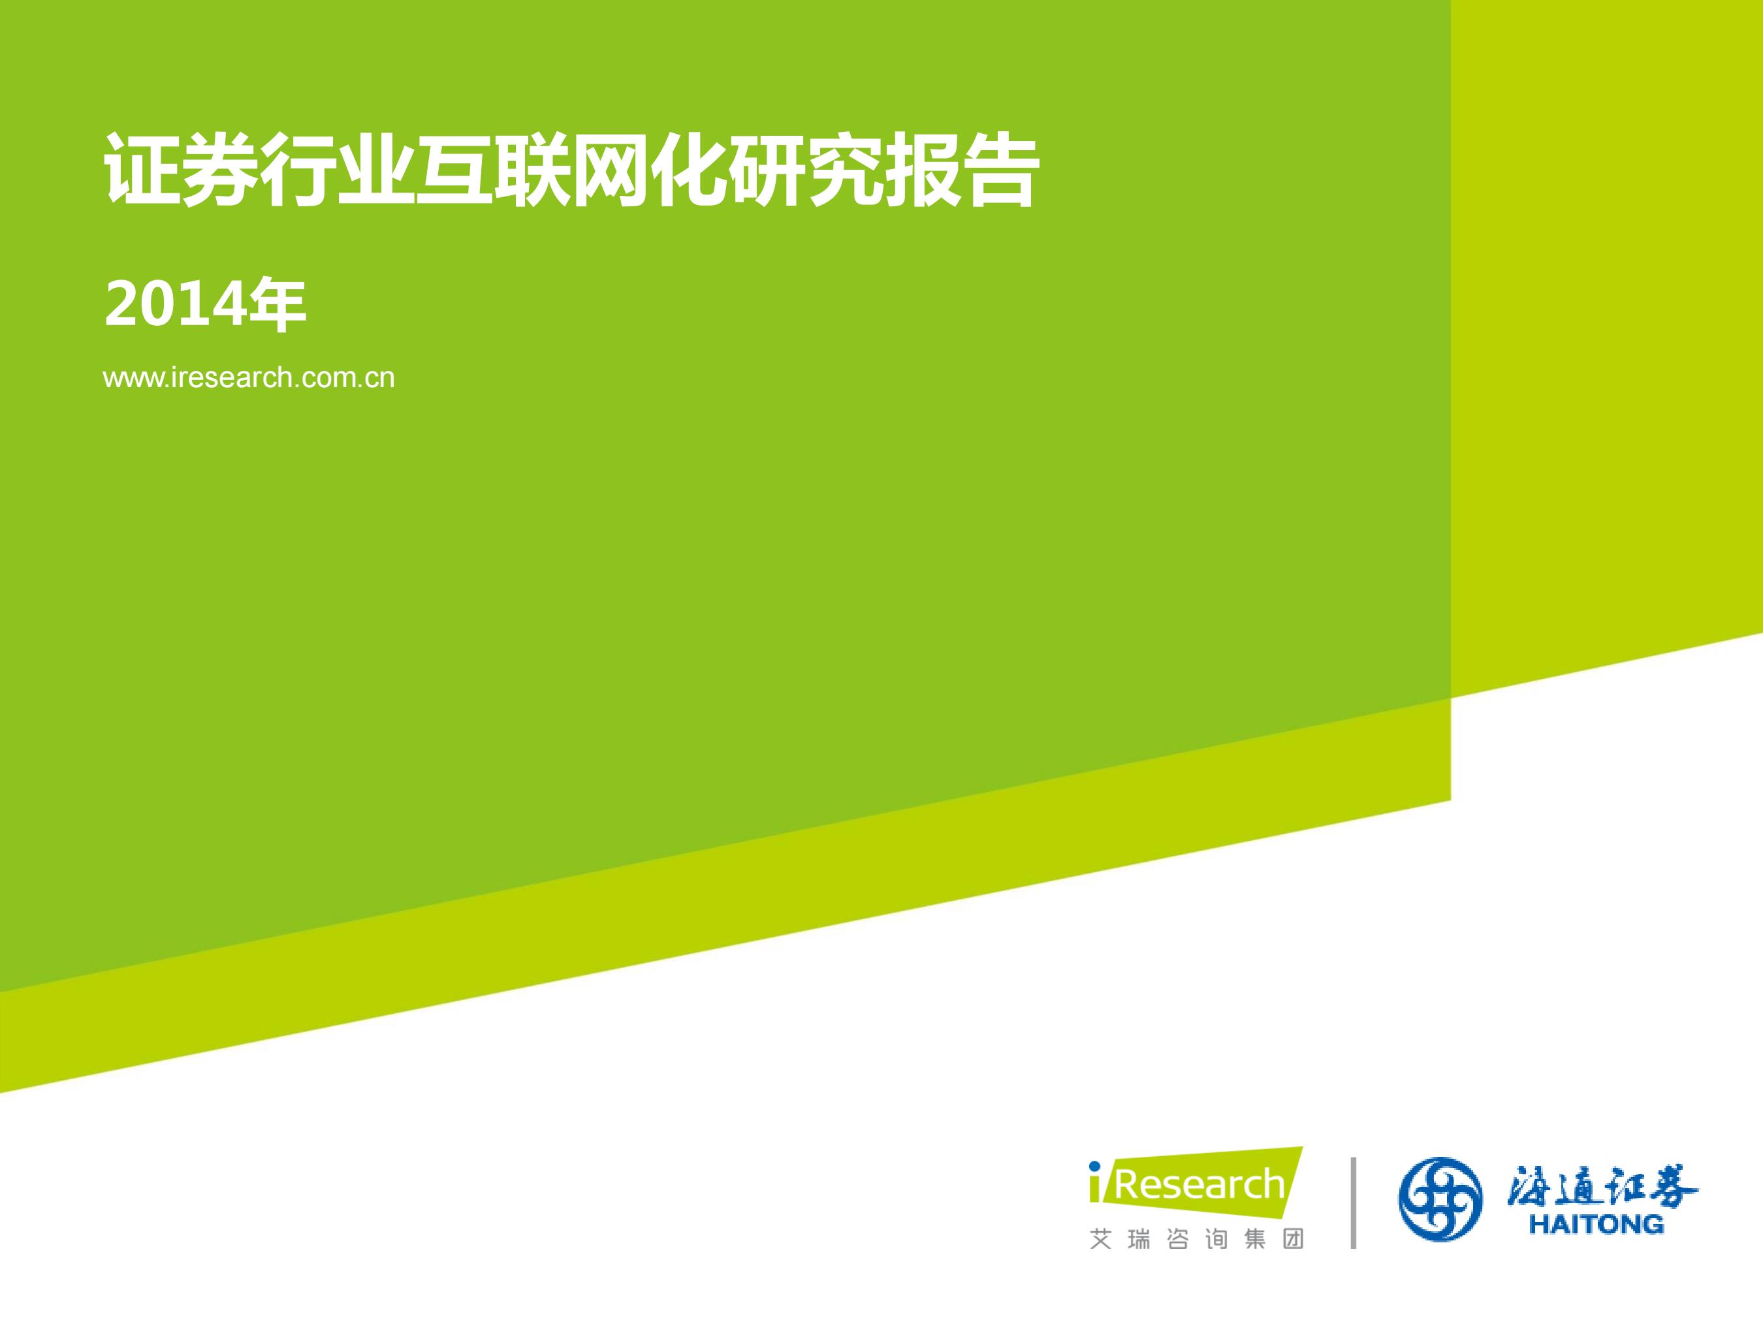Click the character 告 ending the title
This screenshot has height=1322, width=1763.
click(x=1001, y=170)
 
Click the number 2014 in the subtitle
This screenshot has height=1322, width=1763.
click(x=174, y=304)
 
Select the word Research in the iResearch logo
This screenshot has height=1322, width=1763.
click(x=1199, y=1185)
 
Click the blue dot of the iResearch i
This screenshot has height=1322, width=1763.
click(x=1094, y=1167)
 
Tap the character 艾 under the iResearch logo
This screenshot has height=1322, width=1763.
click(x=1101, y=1239)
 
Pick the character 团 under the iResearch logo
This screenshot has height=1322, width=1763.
click(x=1293, y=1239)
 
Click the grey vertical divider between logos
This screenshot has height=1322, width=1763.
click(x=1354, y=1203)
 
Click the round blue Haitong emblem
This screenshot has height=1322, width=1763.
click(x=1441, y=1199)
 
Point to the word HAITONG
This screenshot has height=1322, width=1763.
click(x=1596, y=1224)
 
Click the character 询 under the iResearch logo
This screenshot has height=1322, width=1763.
click(x=1216, y=1239)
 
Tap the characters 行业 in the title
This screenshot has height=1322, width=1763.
click(x=337, y=170)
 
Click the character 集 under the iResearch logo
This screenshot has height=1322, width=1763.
click(x=1254, y=1239)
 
